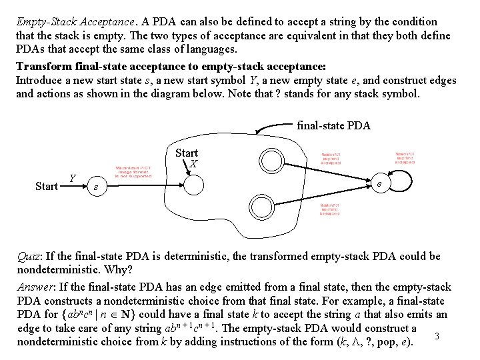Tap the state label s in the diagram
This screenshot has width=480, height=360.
(97, 187)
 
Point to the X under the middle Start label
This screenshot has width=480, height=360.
(193, 163)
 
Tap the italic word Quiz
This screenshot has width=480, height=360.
(29, 257)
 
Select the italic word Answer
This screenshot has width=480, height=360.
(34, 287)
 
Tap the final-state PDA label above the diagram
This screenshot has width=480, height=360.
(333, 125)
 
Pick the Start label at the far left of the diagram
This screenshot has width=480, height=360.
(46, 186)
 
